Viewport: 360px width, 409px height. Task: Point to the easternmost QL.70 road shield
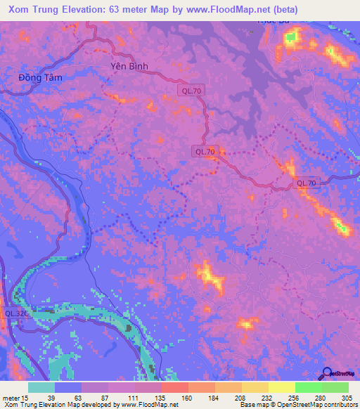(x=307, y=183)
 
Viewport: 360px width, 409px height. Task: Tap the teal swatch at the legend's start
(x=41, y=387)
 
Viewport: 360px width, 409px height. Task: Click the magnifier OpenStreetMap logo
(x=327, y=373)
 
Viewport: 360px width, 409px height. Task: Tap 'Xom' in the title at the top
(x=17, y=9)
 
